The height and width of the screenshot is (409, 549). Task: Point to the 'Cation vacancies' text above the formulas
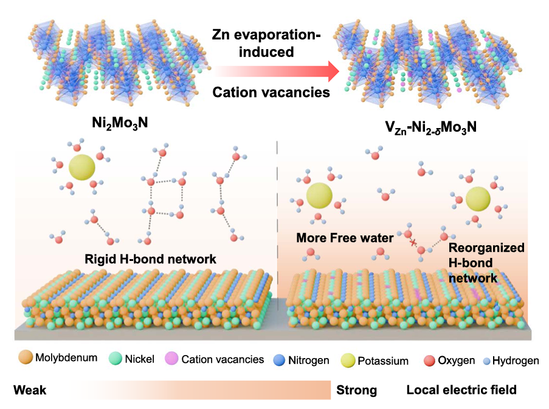[271, 93]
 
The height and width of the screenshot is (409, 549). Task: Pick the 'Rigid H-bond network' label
[151, 259]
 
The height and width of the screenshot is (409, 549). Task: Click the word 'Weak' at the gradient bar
[30, 390]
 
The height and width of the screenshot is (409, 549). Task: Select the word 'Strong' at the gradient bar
[356, 390]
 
